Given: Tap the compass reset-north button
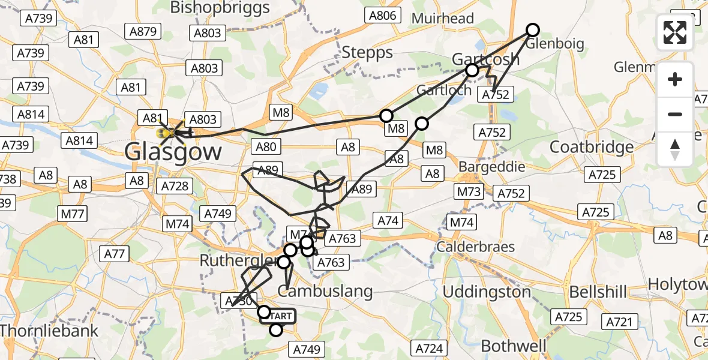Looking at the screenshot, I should pos(675,149).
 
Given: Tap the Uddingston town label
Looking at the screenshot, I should pos(487,292).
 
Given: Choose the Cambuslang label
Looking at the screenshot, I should pos(325,292).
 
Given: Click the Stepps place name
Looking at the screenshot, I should pos(367,53).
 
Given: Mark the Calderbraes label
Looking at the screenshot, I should pos(476,247).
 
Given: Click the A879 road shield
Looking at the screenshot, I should pos(143,32).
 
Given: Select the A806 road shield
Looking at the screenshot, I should pos(383,16).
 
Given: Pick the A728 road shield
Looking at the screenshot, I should pos(175,186).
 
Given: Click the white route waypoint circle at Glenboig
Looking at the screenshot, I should pos(533,30).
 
